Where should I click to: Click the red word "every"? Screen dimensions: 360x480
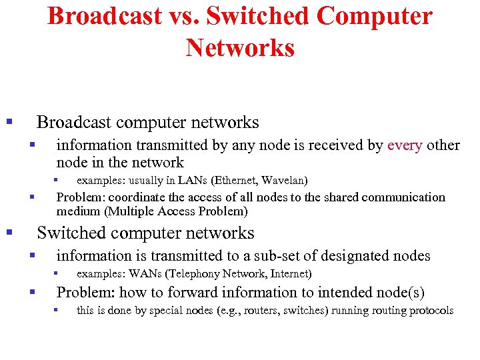[405, 145]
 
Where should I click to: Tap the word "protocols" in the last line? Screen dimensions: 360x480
[431, 311]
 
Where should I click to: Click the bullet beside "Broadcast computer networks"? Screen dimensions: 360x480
[9, 122]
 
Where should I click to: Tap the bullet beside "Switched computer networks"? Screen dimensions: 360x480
[9, 233]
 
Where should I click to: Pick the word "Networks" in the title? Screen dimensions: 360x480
[240, 48]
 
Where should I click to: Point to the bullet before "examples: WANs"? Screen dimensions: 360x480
[57, 273]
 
